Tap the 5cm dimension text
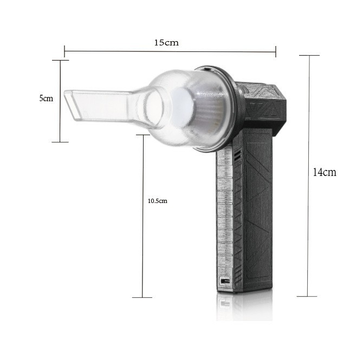[x=46, y=99]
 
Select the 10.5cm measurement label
[x=158, y=201]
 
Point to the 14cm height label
[x=325, y=173]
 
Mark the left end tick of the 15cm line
[x=64, y=51]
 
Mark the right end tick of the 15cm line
[x=276, y=51]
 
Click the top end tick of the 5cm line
[x=60, y=60]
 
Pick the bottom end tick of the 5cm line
[x=60, y=142]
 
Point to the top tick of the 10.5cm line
[x=142, y=135]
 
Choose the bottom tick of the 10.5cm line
[x=142, y=297]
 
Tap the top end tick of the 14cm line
[x=308, y=55]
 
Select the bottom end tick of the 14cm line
[x=308, y=296]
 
